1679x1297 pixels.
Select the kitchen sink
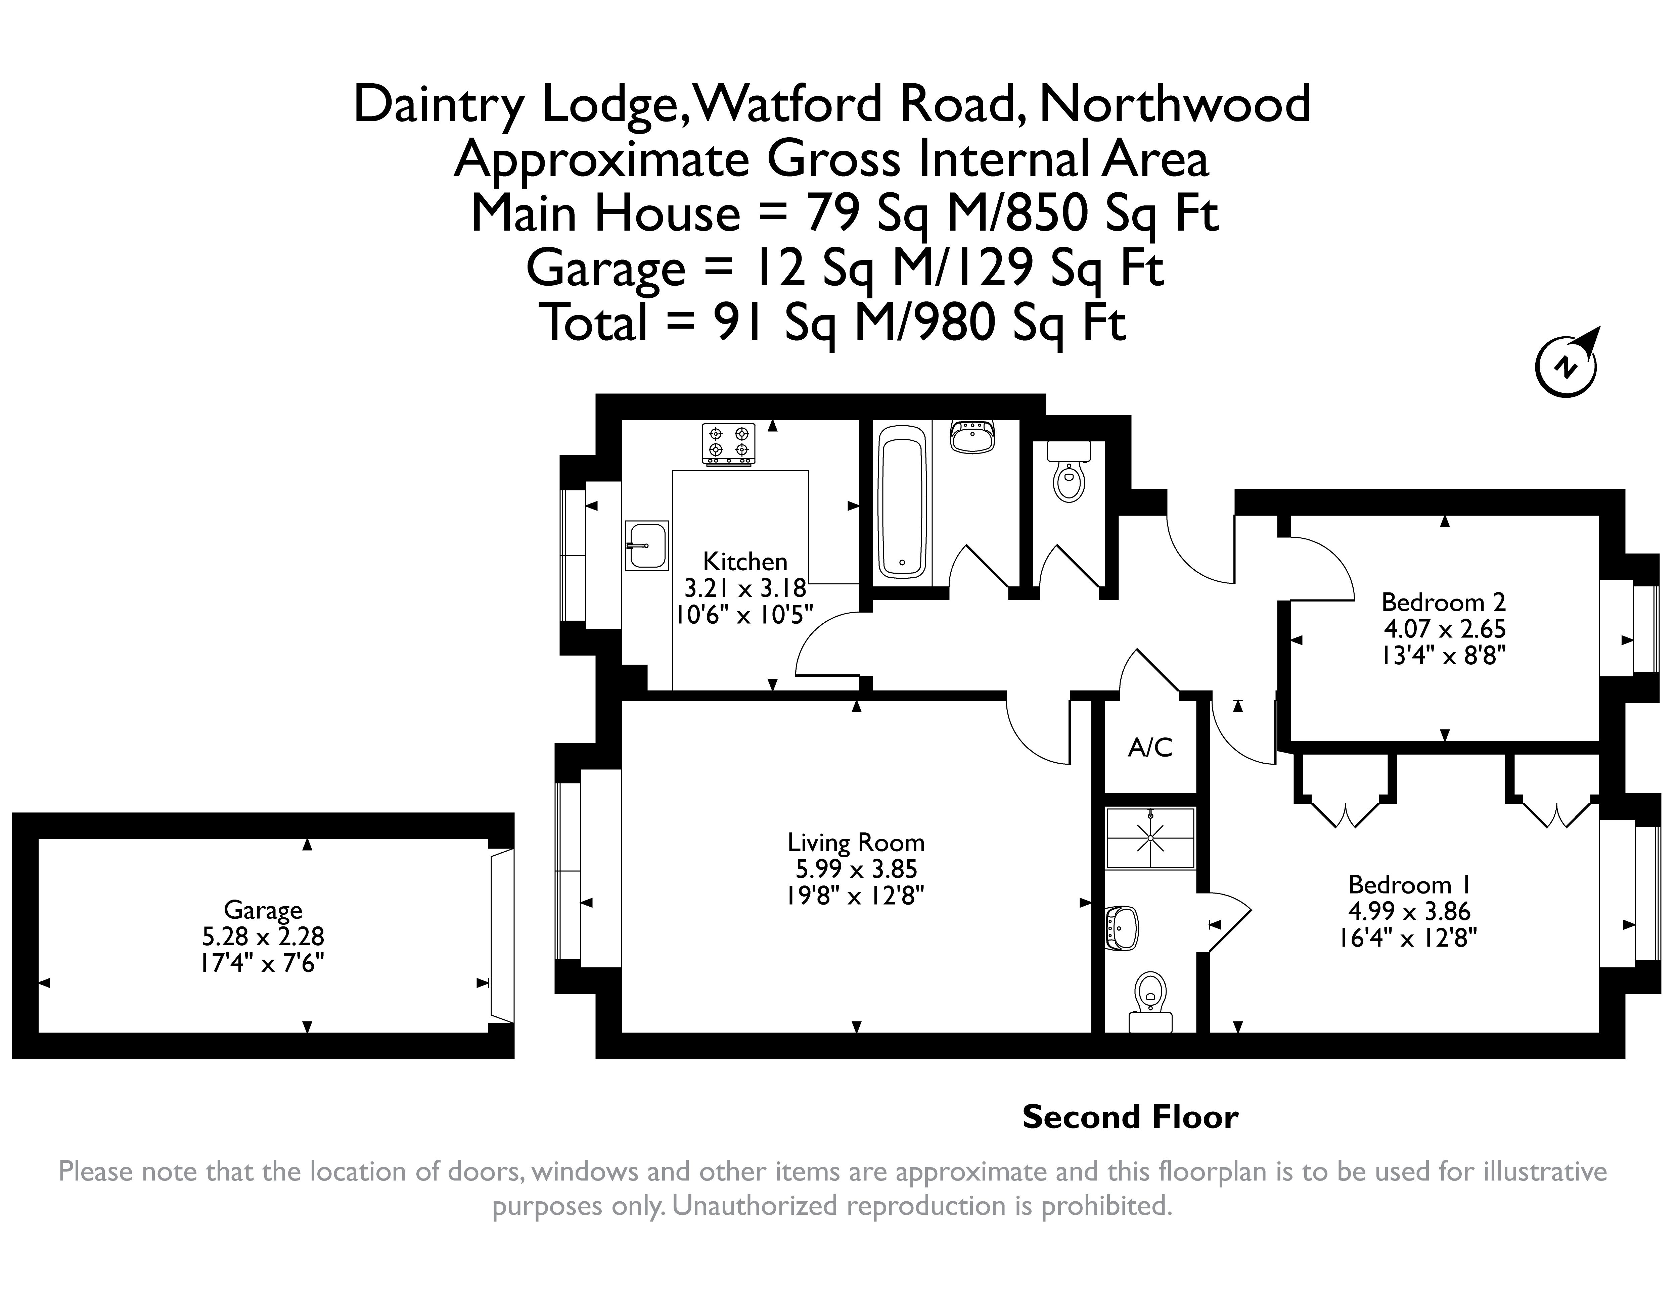(646, 545)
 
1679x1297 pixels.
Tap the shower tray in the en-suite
(1150, 837)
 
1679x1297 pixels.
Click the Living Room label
(856, 843)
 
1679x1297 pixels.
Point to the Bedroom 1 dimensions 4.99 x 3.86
(1409, 911)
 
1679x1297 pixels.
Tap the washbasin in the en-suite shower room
(1122, 928)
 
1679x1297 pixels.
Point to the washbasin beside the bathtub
(973, 436)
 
